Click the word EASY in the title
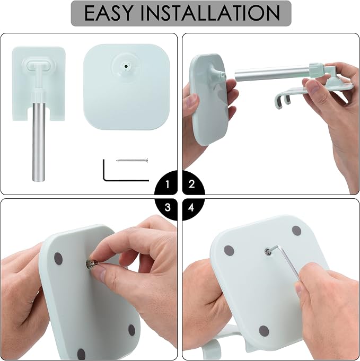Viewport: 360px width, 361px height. (109, 13)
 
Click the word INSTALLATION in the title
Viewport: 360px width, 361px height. (210, 13)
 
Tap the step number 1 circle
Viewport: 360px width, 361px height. (166, 183)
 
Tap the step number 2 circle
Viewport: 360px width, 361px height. (194, 183)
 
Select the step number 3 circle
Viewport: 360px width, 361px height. (166, 209)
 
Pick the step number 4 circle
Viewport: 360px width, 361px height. (193, 209)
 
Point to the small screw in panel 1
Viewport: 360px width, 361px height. (132, 161)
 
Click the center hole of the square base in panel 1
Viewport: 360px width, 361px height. (126, 66)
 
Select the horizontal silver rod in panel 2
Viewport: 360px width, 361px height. (272, 73)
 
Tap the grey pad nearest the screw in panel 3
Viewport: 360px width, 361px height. (58, 259)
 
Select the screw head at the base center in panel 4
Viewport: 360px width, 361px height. (267, 252)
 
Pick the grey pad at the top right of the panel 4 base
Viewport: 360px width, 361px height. (296, 231)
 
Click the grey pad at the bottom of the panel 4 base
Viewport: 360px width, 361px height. (264, 331)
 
